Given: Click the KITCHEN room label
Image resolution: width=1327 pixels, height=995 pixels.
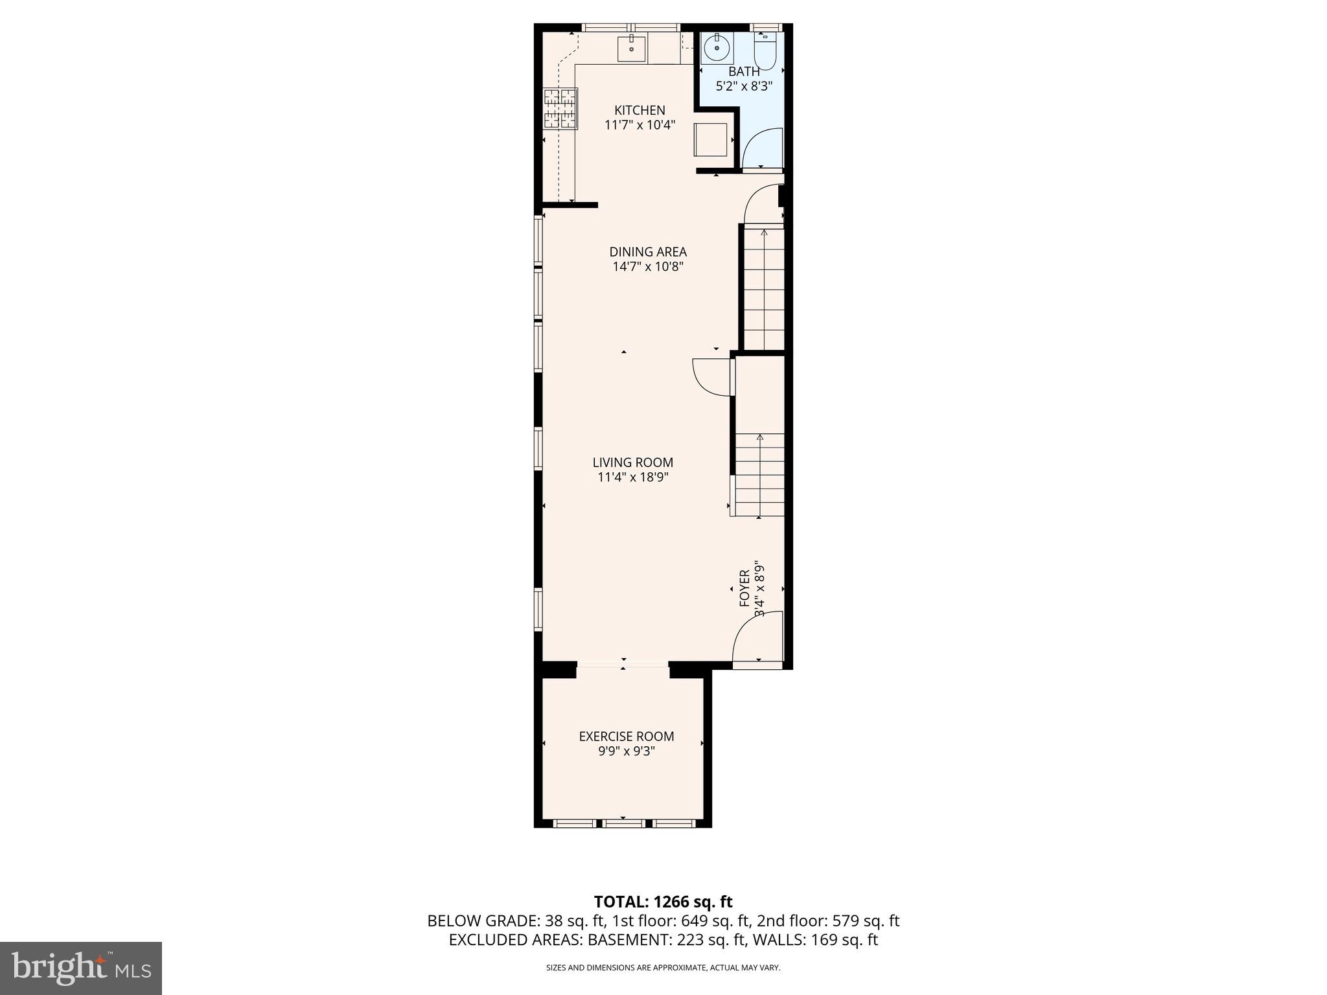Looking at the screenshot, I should tap(640, 110).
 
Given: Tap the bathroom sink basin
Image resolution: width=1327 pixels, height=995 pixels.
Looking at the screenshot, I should tap(717, 47).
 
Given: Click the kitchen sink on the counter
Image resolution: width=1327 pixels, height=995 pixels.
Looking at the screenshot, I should tap(631, 49).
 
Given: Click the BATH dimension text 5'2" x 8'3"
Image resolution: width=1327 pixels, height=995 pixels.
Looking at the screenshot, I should tap(744, 86).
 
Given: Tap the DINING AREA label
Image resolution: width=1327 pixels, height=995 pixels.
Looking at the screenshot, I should tap(648, 252).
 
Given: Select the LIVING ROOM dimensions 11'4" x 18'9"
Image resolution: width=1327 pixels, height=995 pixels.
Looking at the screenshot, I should tap(632, 477).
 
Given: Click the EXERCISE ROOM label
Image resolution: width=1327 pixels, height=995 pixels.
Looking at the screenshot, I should tap(626, 737).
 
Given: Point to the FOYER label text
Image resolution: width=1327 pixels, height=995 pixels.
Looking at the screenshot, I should tap(744, 588).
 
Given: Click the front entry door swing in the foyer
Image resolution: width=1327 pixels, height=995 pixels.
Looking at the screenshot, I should tap(758, 638).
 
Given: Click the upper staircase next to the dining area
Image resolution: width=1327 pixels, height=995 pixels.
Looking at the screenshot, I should tap(763, 288).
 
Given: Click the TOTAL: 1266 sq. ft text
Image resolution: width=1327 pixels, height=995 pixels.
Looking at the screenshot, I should tap(663, 902).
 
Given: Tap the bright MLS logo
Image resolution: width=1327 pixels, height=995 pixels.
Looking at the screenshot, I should tap(81, 968).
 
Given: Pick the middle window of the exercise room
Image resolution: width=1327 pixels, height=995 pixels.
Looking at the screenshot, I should tap(623, 823).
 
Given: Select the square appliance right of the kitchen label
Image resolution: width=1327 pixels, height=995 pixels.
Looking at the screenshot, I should tap(710, 139).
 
